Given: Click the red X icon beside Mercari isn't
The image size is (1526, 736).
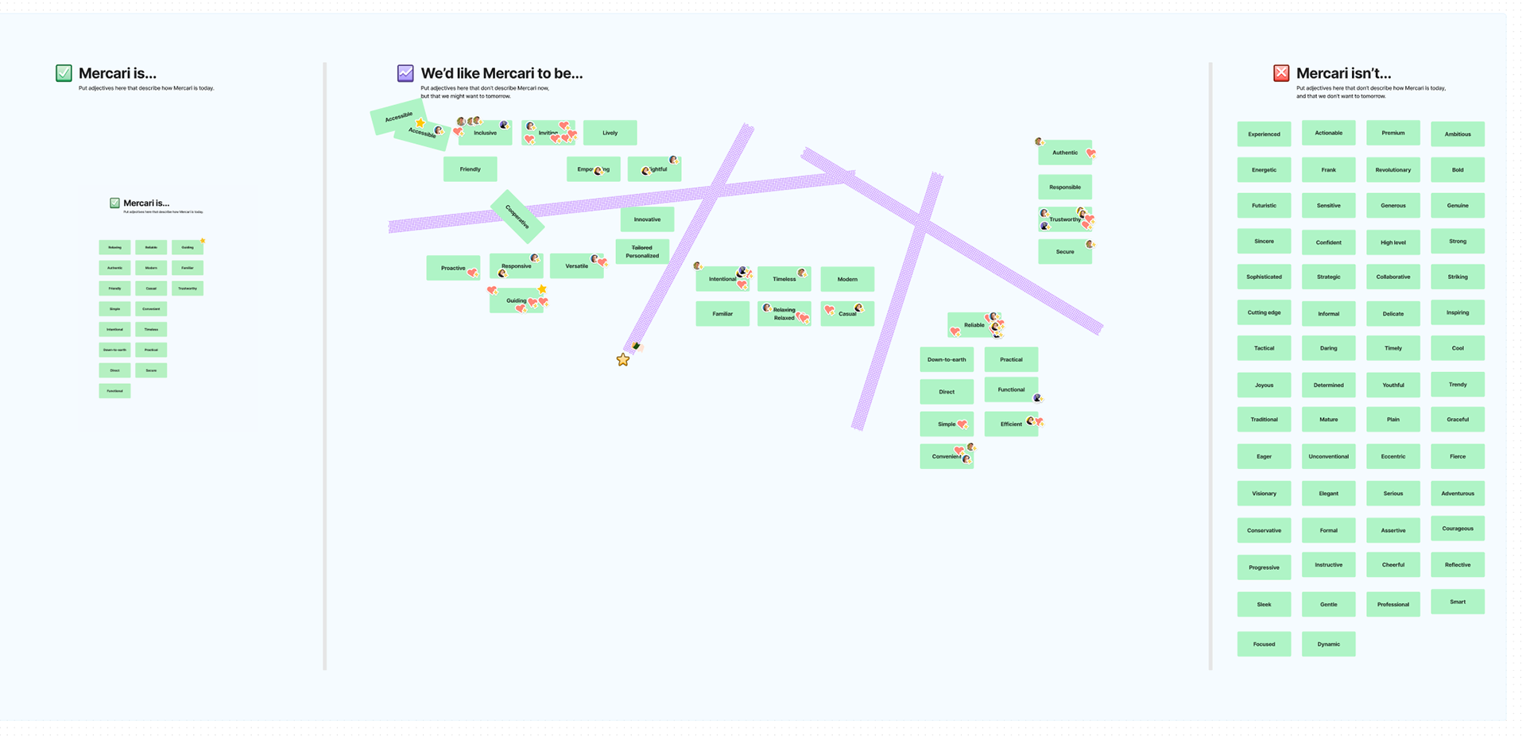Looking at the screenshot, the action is [1281, 73].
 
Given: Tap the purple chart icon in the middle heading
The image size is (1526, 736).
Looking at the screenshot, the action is [405, 73].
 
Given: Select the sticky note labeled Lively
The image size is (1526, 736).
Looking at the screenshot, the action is [610, 133].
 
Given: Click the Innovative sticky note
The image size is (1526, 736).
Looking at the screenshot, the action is [647, 219].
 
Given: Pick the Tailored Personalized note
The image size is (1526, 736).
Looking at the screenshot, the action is [642, 252].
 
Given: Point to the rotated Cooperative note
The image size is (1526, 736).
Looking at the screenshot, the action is [517, 216].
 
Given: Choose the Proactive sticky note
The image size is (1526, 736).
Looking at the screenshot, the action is [452, 268].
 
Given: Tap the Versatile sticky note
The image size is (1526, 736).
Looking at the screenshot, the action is [576, 266].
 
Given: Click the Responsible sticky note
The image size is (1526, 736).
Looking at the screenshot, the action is [1065, 188].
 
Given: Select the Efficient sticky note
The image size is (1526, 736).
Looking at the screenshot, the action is [1010, 424].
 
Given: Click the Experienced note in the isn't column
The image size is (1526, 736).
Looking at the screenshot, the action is [1264, 134].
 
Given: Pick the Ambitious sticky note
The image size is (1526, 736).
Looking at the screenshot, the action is [1458, 134].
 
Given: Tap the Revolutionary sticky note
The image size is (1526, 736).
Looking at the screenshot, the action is [1392, 170].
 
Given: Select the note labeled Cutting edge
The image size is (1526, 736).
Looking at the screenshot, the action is [1264, 312].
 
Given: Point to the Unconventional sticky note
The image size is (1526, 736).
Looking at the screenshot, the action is [1328, 456].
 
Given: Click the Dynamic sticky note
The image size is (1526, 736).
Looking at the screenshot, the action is [1328, 644].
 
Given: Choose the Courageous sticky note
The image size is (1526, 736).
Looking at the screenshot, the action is [1458, 529].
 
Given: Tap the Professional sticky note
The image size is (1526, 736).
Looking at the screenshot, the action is [1392, 604].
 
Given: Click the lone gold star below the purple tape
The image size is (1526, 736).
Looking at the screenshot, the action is [623, 360].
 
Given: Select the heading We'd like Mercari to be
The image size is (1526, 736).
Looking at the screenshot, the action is [502, 73].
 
